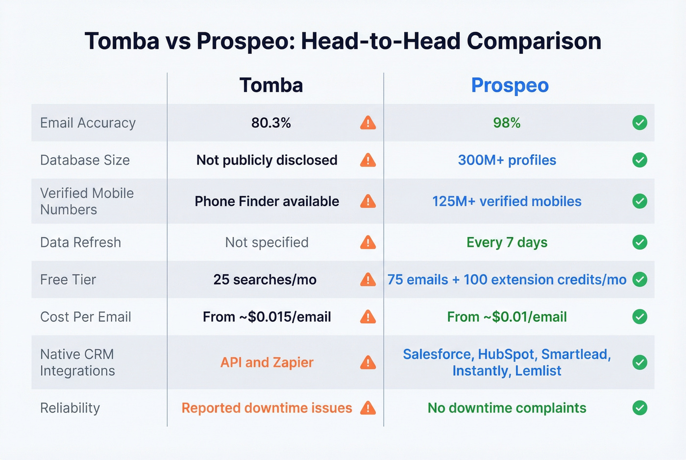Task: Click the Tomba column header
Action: pos(271,85)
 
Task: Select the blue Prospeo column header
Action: pos(510,85)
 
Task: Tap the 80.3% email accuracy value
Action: pos(271,123)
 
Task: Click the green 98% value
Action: pos(507,123)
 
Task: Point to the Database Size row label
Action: pos(85,160)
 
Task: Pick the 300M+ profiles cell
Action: pos(507,160)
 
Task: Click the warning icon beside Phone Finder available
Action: pos(368,201)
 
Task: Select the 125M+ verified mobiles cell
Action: pos(507,201)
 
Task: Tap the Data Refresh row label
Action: pos(80,242)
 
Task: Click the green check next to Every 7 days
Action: pos(639,242)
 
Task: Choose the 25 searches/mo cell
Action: pos(265,280)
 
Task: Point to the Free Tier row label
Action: pos(68,280)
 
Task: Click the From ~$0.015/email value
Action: pos(267,317)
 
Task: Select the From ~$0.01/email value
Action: pos(507,317)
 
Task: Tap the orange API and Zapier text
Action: pos(267,363)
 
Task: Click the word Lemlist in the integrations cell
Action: pos(538,371)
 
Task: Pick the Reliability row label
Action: pos(70,408)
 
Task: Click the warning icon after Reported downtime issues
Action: pos(368,408)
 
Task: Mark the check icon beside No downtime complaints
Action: pos(639,408)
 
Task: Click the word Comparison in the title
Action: pos(534,41)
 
